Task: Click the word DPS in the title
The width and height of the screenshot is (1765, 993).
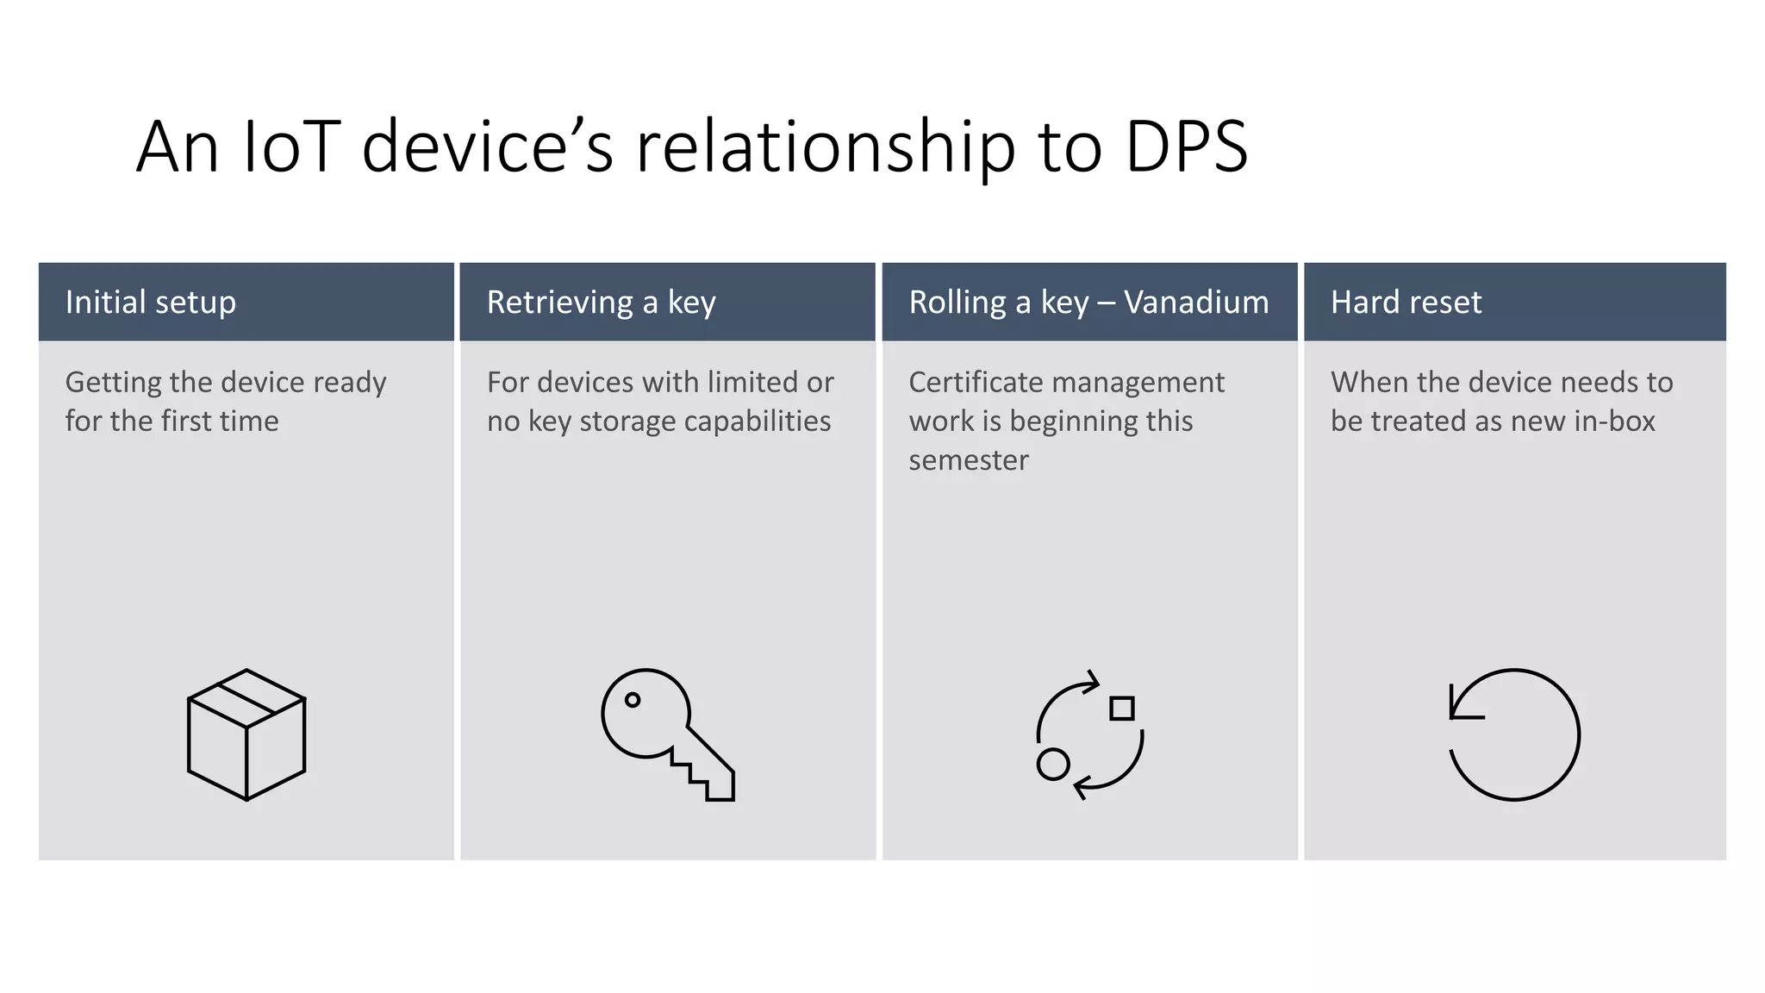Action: [x=1186, y=147]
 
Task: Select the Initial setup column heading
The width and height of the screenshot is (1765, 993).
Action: [x=150, y=303]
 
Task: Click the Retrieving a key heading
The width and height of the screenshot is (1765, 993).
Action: [x=601, y=303]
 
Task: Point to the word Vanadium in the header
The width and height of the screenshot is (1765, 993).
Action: [x=1196, y=303]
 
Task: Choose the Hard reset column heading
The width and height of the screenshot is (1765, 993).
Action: [x=1406, y=303]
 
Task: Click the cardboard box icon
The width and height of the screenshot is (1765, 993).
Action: [x=246, y=734]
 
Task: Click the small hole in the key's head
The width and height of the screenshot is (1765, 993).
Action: [x=633, y=700]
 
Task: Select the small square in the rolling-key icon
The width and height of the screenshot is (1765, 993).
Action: [x=1122, y=709]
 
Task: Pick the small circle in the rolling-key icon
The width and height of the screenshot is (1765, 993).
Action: [x=1053, y=764]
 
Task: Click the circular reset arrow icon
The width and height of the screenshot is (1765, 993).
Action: [x=1514, y=734]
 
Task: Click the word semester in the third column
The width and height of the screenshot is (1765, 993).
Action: [x=968, y=460]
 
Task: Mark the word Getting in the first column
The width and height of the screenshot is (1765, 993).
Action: [x=114, y=382]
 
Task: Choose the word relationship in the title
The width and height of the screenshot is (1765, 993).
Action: [x=826, y=147]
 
